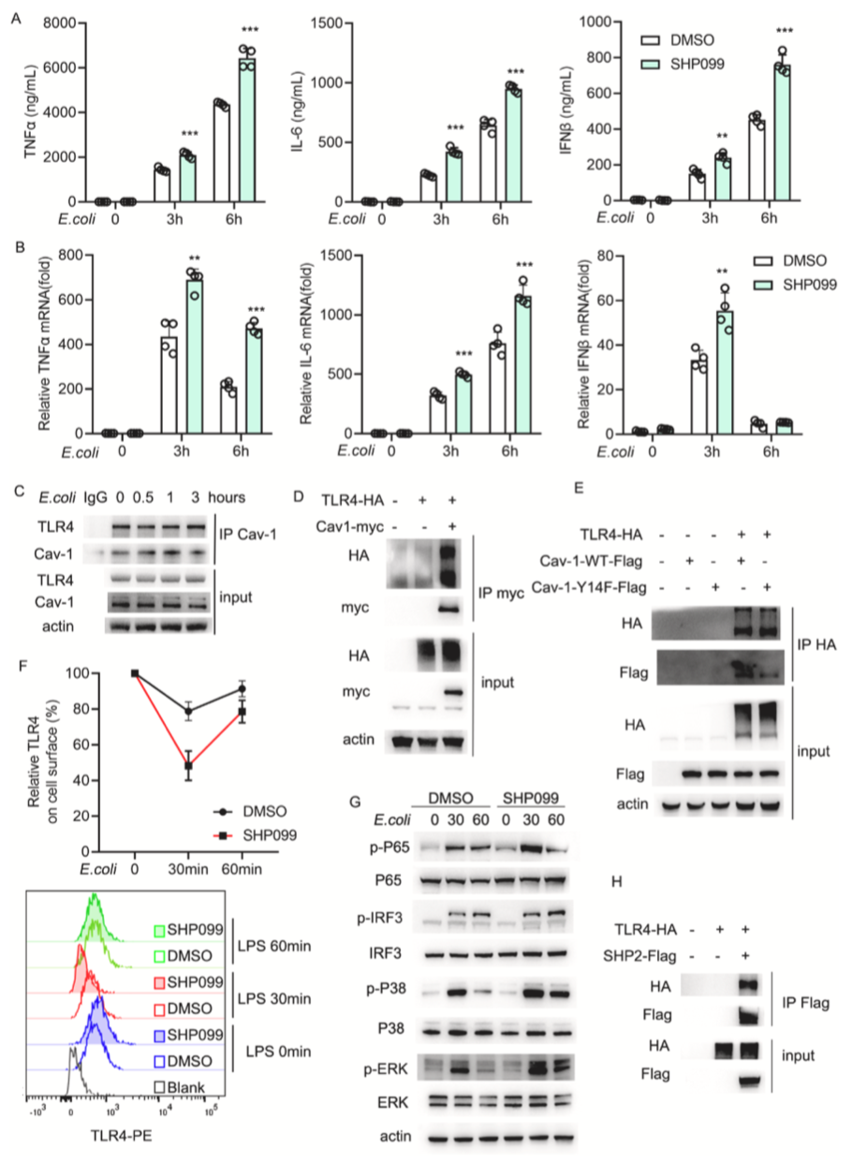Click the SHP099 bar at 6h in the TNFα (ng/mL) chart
coord(246,130)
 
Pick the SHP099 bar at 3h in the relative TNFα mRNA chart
coord(194,356)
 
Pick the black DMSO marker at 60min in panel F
coord(242,715)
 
